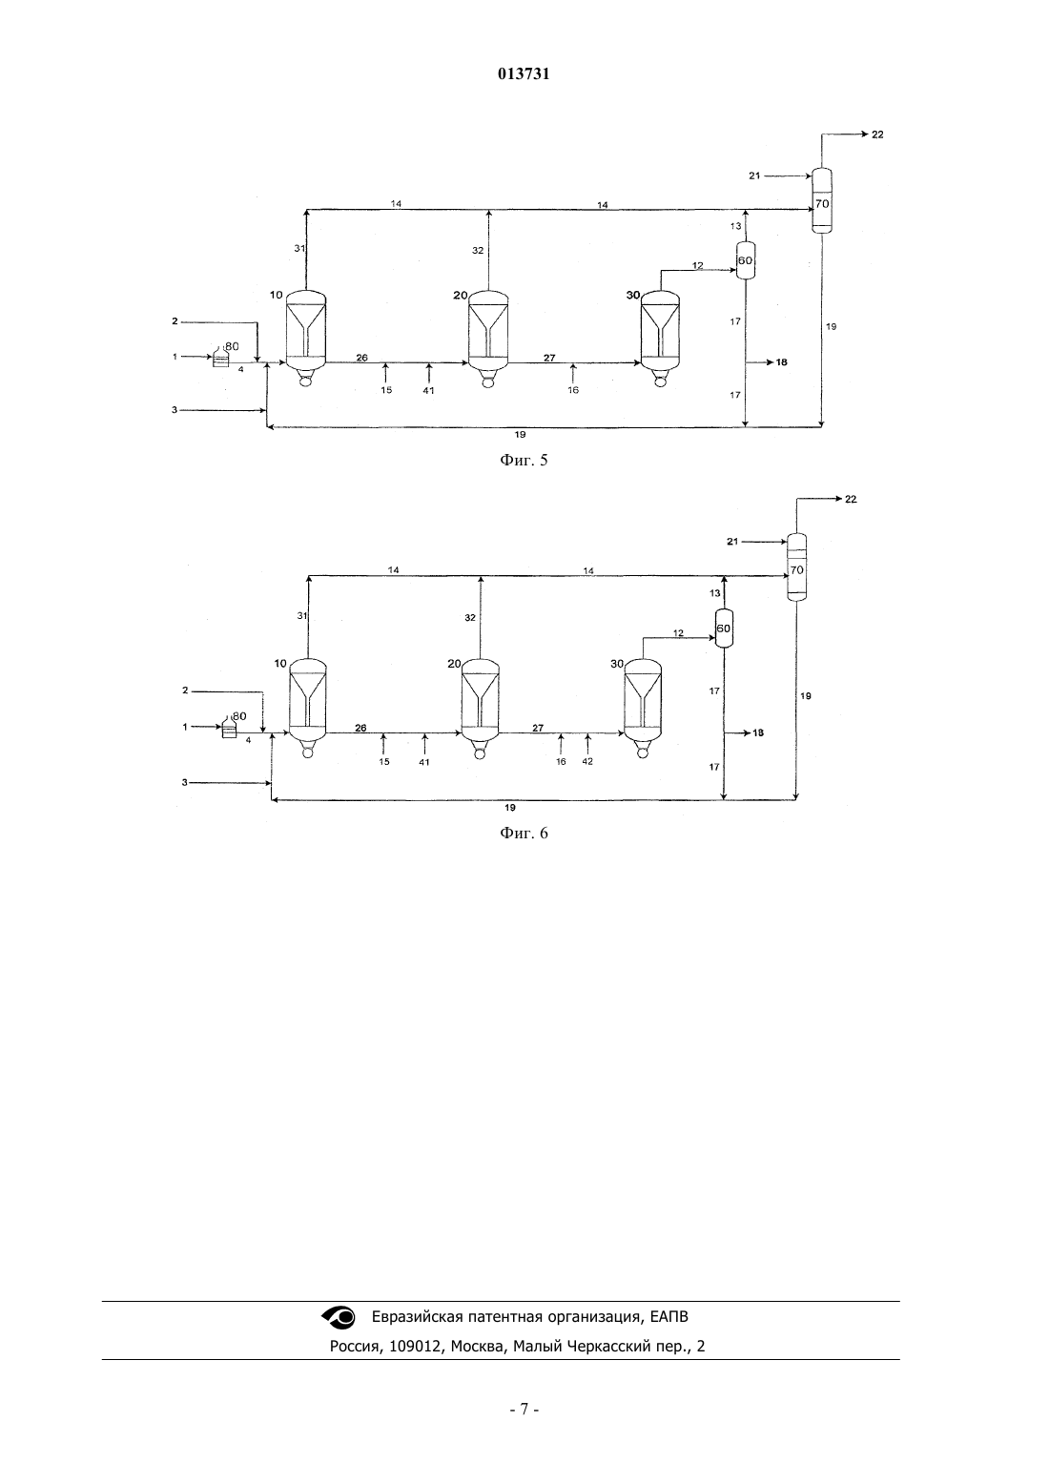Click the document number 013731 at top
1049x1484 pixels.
[524, 74]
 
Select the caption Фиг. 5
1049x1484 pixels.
[524, 460]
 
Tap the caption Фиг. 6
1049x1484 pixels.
[524, 833]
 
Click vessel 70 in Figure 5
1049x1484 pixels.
[821, 200]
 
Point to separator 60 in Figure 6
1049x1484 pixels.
[723, 629]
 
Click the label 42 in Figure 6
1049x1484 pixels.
[587, 761]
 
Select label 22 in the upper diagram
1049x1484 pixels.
[877, 134]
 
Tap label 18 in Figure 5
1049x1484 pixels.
[781, 362]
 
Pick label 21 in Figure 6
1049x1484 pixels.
[731, 542]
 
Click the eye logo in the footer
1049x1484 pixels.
[339, 1317]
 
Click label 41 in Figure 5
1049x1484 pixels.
[428, 390]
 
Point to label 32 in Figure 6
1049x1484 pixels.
[469, 617]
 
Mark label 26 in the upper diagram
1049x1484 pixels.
[361, 358]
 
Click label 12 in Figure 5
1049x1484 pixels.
[697, 266]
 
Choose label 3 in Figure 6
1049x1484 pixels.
[185, 782]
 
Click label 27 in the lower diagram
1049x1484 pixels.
[538, 728]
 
